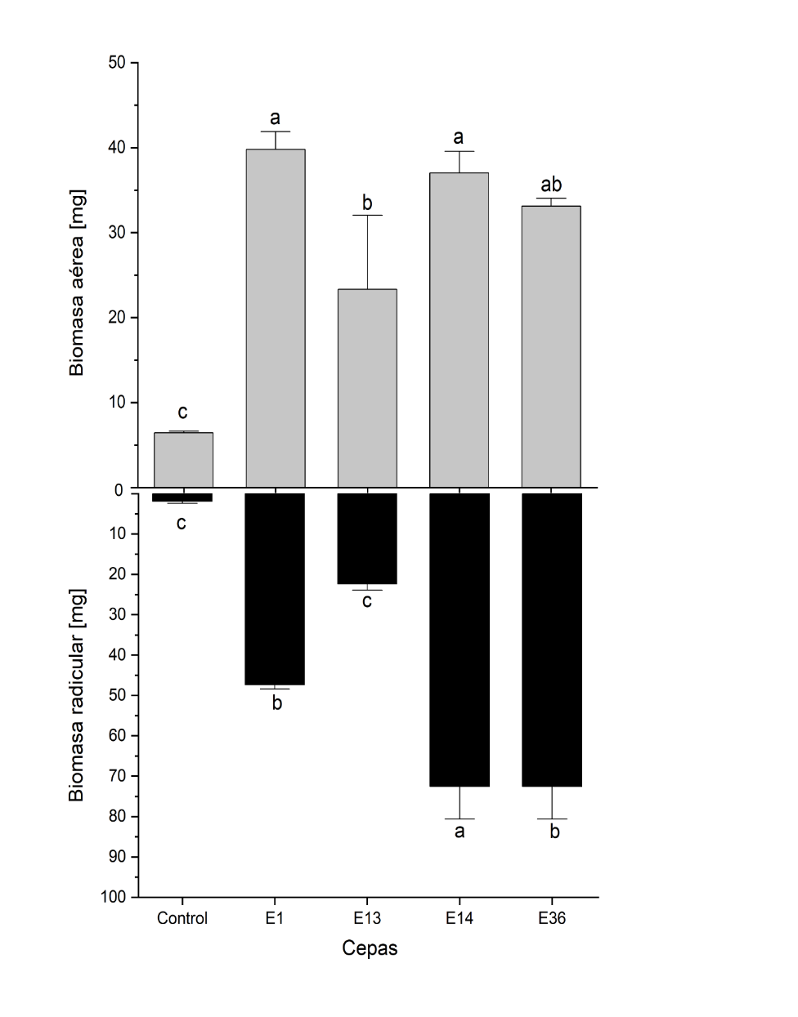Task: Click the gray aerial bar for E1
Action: point(276,319)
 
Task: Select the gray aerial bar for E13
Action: point(367,388)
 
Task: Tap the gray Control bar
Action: point(183,460)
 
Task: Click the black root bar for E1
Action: point(276,589)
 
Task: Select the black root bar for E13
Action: point(367,538)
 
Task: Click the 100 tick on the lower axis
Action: point(115,897)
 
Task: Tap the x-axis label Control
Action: point(182,918)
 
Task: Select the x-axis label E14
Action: point(460,918)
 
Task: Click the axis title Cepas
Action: point(370,948)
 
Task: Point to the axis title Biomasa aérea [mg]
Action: point(77,282)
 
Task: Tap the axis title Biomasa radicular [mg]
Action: point(77,694)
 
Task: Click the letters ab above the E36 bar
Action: point(552,185)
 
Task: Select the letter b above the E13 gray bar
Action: point(367,203)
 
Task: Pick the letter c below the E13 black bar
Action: point(367,602)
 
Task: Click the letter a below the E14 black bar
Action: point(460,832)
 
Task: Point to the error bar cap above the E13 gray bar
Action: point(367,215)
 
